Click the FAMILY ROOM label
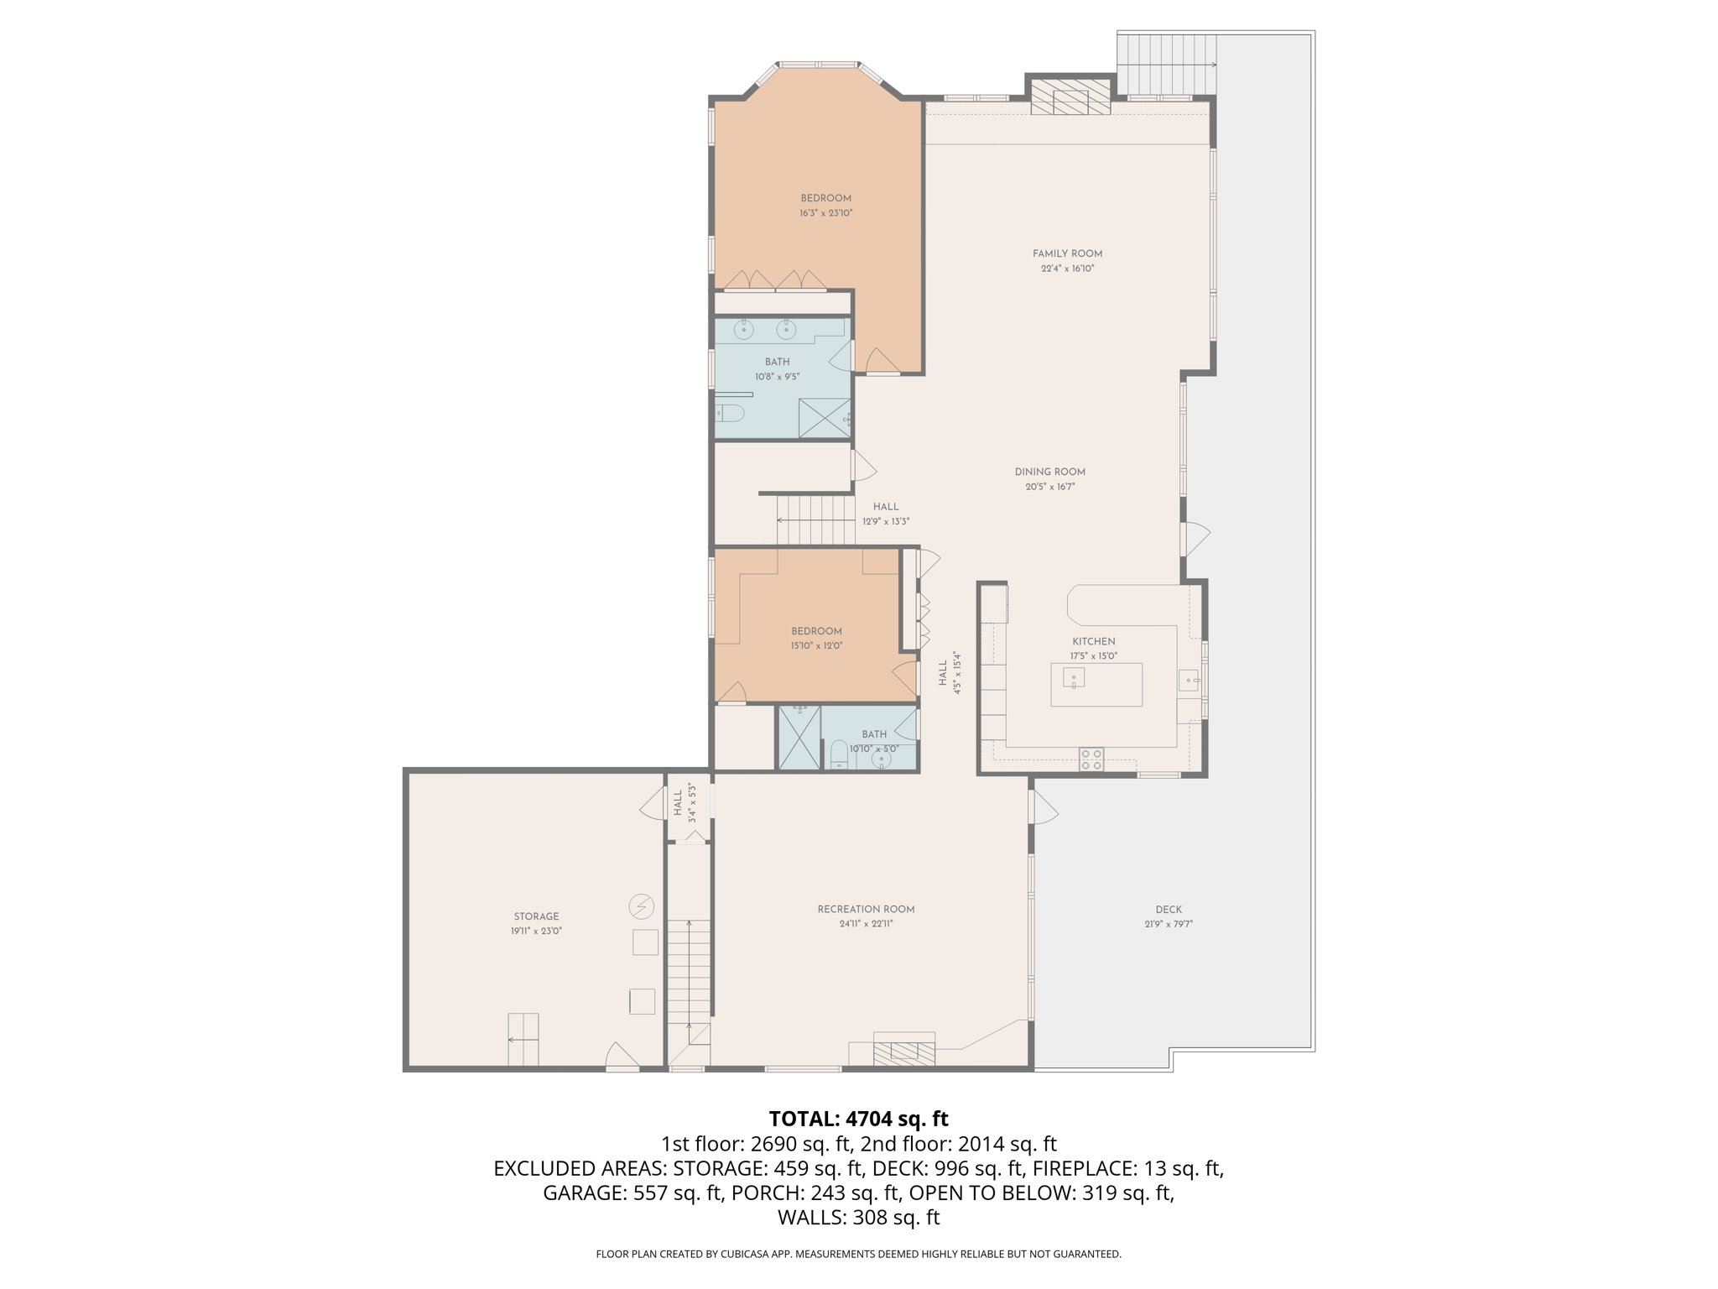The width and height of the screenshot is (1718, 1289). pyautogui.click(x=1067, y=253)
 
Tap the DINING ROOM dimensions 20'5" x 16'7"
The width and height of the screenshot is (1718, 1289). pyautogui.click(x=1049, y=487)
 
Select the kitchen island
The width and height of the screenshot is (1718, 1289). pyautogui.click(x=1096, y=684)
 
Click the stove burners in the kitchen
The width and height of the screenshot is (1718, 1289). pyautogui.click(x=1091, y=759)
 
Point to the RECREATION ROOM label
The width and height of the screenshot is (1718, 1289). pyautogui.click(x=866, y=909)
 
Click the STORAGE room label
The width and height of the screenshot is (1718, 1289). pyautogui.click(x=536, y=916)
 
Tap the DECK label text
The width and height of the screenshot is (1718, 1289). pyautogui.click(x=1168, y=910)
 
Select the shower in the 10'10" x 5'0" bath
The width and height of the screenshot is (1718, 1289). pyautogui.click(x=799, y=738)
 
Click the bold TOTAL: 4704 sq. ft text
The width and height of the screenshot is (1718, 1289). pyautogui.click(x=858, y=1119)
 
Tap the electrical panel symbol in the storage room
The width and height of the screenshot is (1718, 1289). pyautogui.click(x=642, y=906)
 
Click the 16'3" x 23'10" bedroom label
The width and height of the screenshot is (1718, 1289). pyautogui.click(x=825, y=199)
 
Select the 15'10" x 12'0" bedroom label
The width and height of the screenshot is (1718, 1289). pyautogui.click(x=816, y=631)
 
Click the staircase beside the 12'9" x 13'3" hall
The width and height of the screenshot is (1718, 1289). pyautogui.click(x=815, y=520)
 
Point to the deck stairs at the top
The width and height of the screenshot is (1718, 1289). pyautogui.click(x=1166, y=65)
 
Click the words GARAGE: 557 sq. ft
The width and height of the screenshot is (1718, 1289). pyautogui.click(x=633, y=1192)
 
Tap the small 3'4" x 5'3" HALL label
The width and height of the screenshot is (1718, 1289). pyautogui.click(x=678, y=803)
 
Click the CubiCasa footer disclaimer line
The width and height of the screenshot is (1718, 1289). pyautogui.click(x=858, y=1254)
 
